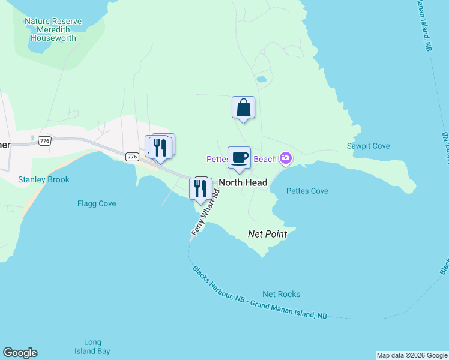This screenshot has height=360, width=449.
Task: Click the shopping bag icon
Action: (243, 108)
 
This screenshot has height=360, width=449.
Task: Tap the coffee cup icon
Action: (239, 158)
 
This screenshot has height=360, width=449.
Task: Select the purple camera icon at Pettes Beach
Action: (285, 158)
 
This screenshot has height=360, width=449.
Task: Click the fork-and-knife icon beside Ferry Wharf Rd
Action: (200, 188)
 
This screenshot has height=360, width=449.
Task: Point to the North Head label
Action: (243, 182)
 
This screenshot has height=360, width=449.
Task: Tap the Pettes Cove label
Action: (307, 191)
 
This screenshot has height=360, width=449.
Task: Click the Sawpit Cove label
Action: (369, 146)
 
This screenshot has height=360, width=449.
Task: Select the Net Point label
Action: (267, 234)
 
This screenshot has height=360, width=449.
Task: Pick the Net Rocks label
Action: (281, 294)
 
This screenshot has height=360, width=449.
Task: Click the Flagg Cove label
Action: (97, 203)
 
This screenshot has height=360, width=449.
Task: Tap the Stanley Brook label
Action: (43, 179)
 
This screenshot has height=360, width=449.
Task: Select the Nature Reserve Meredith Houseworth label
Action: (53, 29)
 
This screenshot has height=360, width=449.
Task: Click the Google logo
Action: (20, 353)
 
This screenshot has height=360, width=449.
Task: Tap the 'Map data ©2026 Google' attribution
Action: (412, 355)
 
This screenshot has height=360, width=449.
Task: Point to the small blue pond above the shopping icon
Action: (261, 79)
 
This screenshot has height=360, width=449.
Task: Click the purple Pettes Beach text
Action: (241, 159)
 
